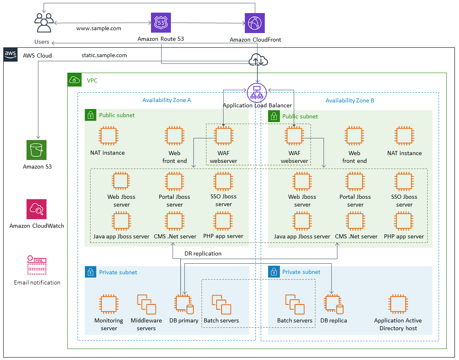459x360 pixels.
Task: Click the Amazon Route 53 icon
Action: coord(161,22)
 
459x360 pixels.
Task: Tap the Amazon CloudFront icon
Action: coord(255,23)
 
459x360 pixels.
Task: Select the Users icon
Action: coord(44,23)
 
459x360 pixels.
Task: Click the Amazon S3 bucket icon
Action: coord(37,150)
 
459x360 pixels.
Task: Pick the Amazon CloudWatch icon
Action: coord(37,209)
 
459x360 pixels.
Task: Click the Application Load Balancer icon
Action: coord(257,93)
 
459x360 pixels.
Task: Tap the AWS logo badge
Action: coord(10,55)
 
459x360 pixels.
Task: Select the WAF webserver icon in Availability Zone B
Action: coord(294,136)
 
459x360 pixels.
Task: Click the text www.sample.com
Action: coord(99,29)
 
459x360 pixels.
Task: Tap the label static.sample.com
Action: coord(104,55)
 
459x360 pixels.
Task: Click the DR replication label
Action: coord(203,253)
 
